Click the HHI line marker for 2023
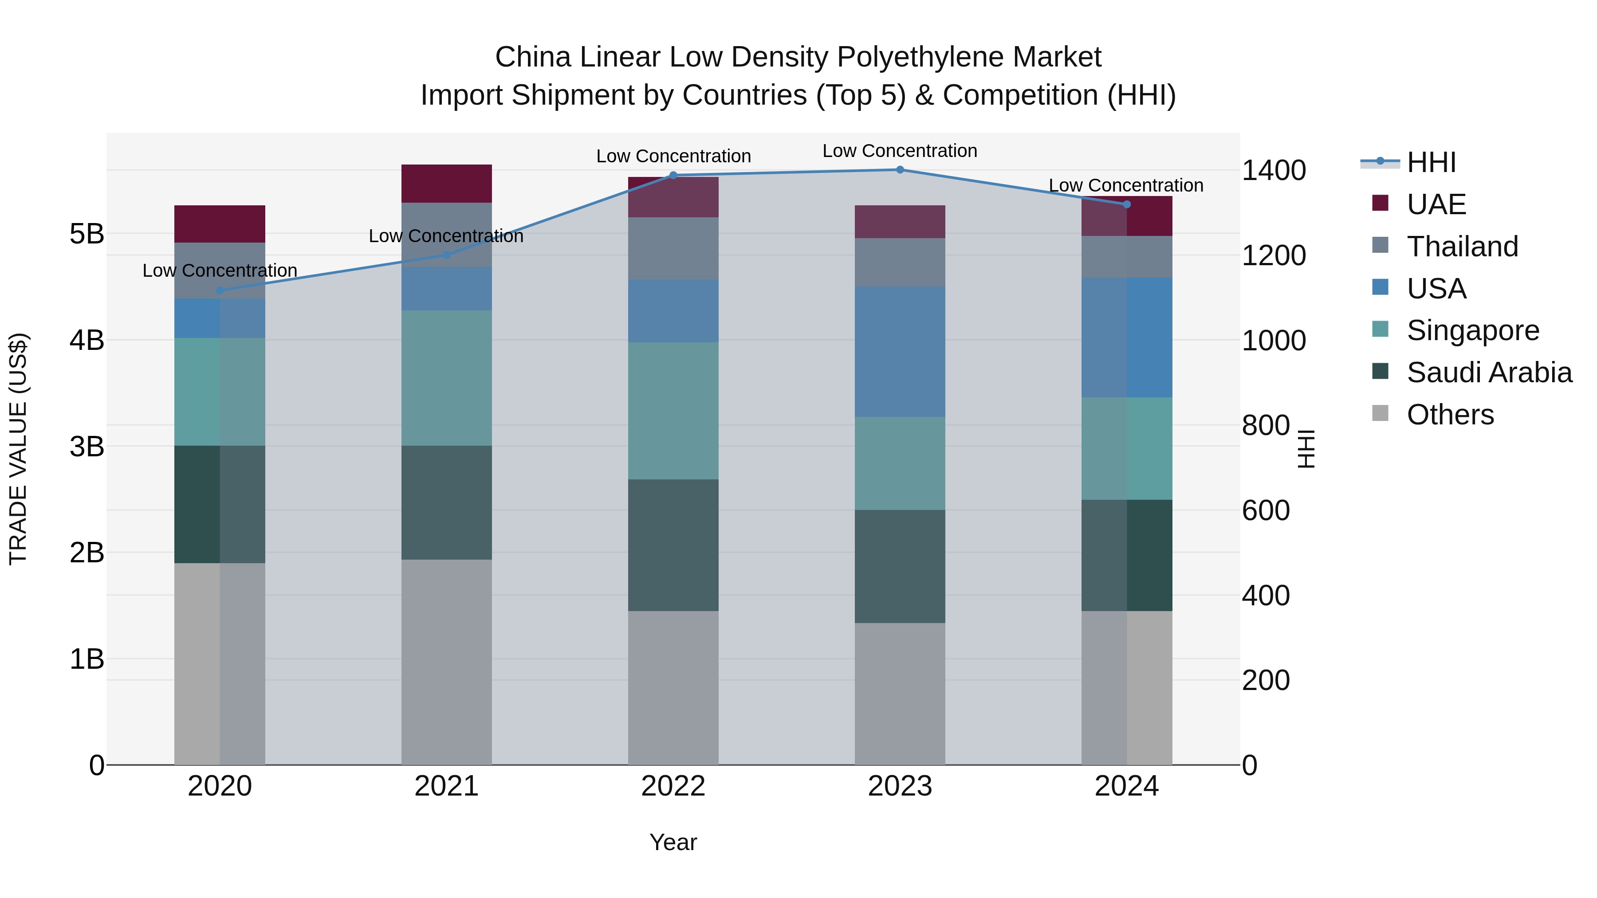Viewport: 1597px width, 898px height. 900,170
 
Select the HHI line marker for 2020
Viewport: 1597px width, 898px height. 220,290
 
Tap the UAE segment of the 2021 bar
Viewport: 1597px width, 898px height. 446,184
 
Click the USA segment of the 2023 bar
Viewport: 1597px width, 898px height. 900,351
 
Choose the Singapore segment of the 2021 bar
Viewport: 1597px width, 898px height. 446,377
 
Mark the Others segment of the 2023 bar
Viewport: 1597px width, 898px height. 900,694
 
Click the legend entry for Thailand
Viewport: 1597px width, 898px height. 1462,247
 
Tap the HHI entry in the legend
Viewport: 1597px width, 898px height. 1430,162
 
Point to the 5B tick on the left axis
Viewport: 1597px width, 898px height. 87,234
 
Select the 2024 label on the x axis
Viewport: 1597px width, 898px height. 1126,786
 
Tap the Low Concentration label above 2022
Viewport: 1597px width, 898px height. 673,156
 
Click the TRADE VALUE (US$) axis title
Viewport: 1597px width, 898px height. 19,449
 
